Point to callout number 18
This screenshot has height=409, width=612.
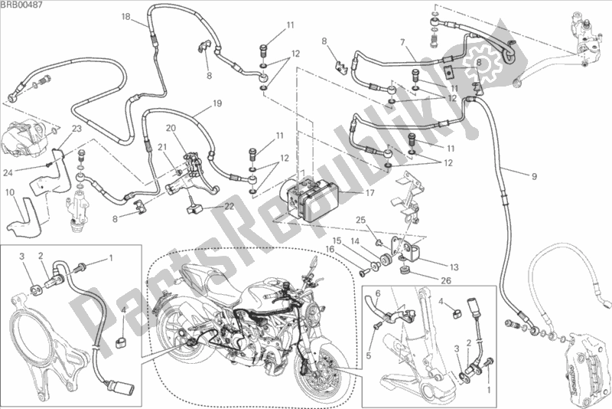[x=125, y=16]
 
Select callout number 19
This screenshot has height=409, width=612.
[x=196, y=103]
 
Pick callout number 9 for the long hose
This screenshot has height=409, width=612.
[x=533, y=176]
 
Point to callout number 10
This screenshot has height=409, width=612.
[x=8, y=192]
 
